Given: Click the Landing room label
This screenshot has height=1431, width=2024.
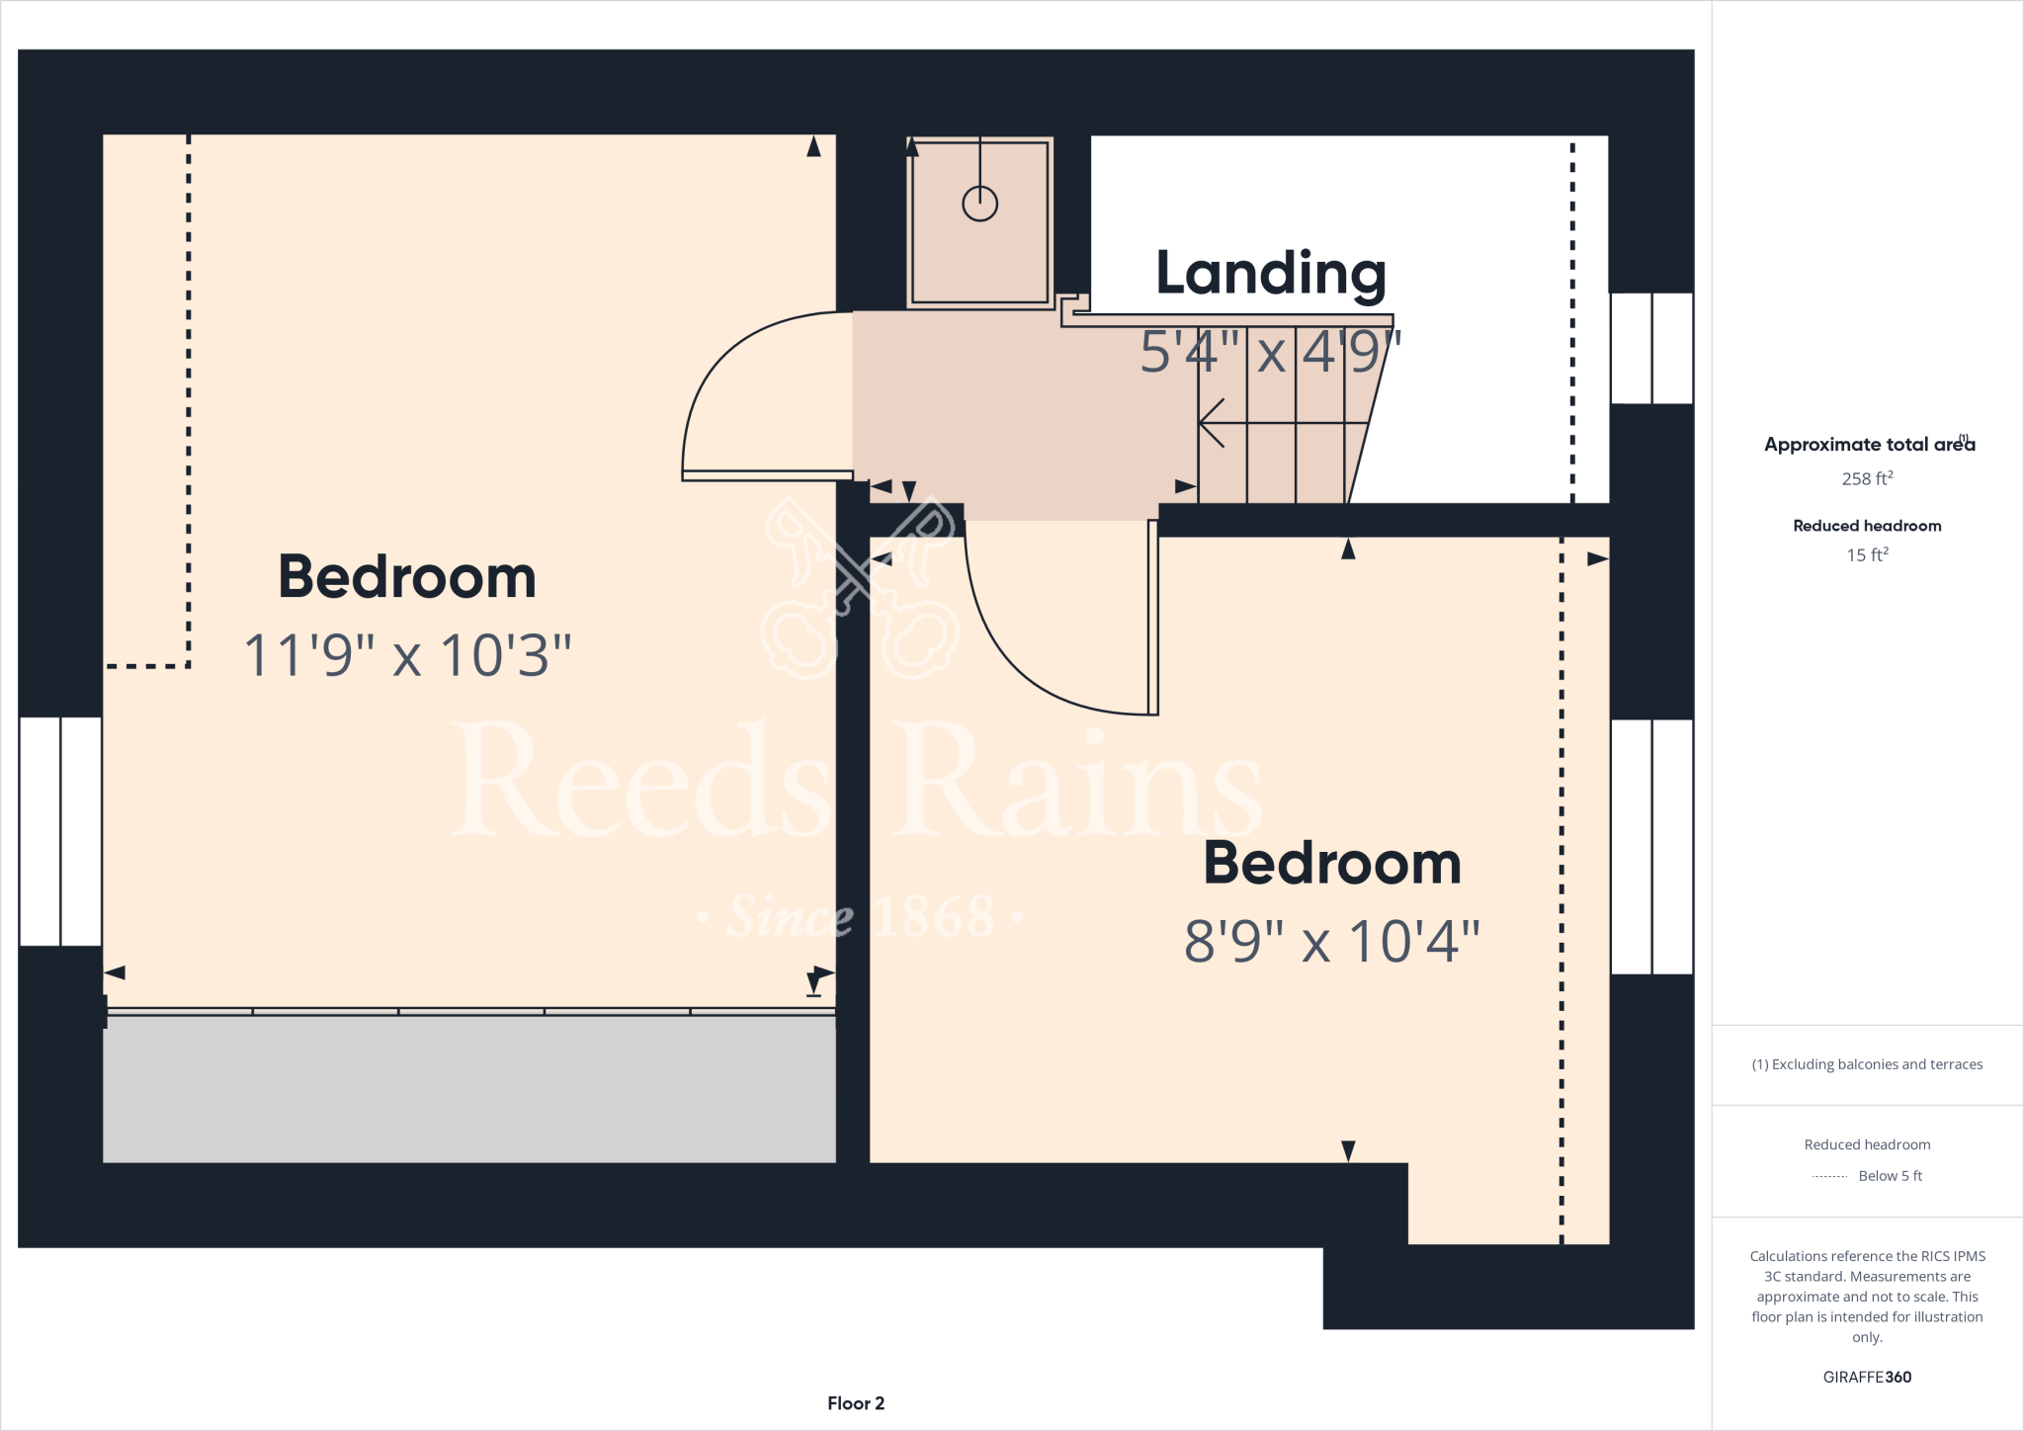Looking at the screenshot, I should [1270, 274].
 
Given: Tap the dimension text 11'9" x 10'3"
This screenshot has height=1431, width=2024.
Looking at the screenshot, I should [407, 655].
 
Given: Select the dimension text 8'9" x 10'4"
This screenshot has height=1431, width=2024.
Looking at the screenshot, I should [1331, 941].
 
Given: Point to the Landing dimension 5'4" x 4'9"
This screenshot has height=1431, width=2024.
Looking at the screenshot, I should [1270, 351].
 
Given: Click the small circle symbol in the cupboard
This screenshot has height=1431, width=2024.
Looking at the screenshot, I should [979, 204].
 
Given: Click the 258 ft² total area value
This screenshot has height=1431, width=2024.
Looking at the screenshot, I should [1867, 478].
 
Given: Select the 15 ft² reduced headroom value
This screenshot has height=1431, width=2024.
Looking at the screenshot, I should [1867, 554].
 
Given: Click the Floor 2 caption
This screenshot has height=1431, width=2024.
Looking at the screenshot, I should [856, 1403].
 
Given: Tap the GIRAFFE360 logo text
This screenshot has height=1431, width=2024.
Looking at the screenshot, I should [1867, 1377].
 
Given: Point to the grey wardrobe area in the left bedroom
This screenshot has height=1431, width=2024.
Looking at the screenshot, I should [469, 1089].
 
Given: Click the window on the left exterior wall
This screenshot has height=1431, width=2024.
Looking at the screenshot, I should [60, 831].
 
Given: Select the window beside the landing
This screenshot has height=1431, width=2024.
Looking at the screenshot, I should [1651, 348].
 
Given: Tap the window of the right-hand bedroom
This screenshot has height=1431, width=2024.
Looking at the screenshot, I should [1651, 846].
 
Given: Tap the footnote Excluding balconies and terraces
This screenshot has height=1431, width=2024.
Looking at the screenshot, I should [1867, 1064].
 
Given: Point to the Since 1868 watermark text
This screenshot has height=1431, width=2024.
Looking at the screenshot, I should [860, 917].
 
